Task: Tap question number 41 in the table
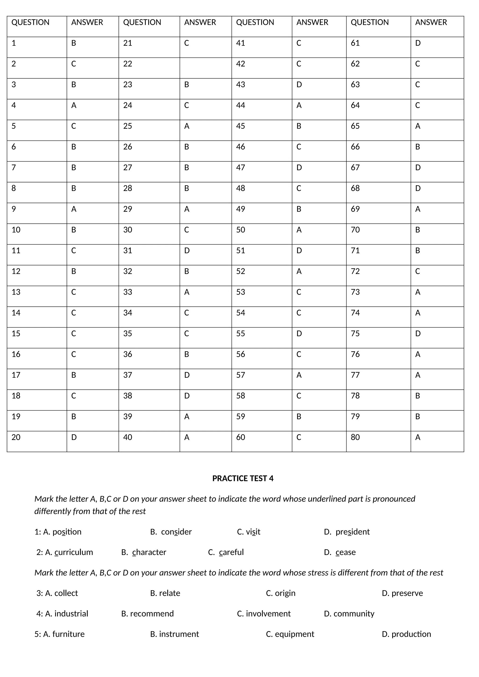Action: coord(240,43)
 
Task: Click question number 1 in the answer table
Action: coord(14,43)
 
